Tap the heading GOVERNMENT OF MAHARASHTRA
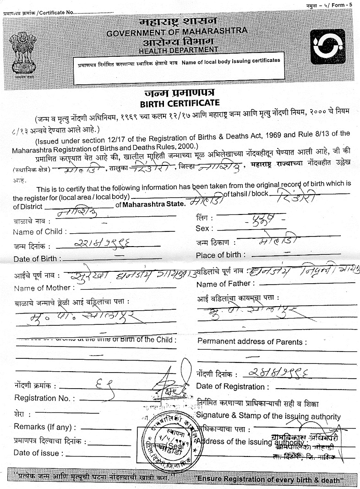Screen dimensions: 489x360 pos(177,33)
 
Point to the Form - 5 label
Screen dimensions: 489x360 pos(339,5)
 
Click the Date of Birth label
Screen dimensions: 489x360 pos(35,258)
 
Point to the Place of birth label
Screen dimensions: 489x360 pos(220,255)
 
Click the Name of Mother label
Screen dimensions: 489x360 pos(43,288)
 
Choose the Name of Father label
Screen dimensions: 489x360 pos(224,285)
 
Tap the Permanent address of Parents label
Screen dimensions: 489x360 pos(252,342)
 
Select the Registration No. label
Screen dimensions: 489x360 pos(41,398)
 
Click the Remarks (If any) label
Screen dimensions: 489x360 pos(43,427)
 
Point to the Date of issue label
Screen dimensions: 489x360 pos(36,453)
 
